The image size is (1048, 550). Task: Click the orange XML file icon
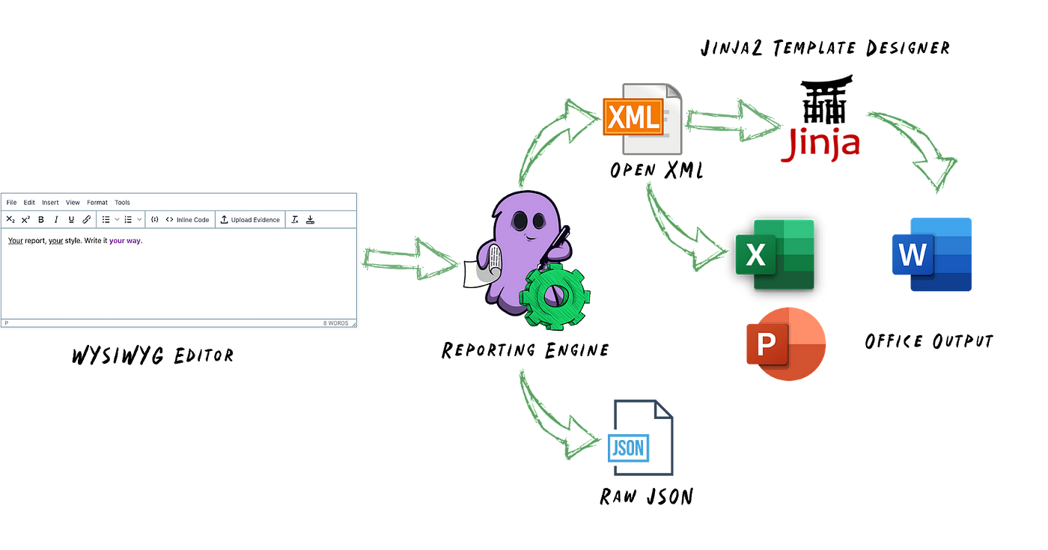coord(642,119)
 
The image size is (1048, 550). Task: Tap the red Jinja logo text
coord(820,144)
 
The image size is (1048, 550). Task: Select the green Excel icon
coord(775,254)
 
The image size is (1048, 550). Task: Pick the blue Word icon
coord(932,254)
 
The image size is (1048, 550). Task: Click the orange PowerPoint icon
coord(786,343)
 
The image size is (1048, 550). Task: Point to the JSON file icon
coord(641,438)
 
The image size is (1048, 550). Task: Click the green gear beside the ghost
coord(555,296)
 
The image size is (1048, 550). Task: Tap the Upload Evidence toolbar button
coord(250,220)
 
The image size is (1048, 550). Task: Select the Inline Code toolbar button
coord(187,220)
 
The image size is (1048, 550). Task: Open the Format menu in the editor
coord(97,203)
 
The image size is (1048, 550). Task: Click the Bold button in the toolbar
coord(41,220)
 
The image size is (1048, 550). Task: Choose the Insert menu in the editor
coord(50,203)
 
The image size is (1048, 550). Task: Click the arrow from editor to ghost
coord(410,259)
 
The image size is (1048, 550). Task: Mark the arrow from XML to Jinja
coord(733,120)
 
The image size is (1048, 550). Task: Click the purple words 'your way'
coord(125,241)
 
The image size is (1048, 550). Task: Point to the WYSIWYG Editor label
coord(153,355)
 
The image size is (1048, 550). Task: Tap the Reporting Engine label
coord(525,350)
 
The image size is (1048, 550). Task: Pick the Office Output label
coord(929,341)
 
